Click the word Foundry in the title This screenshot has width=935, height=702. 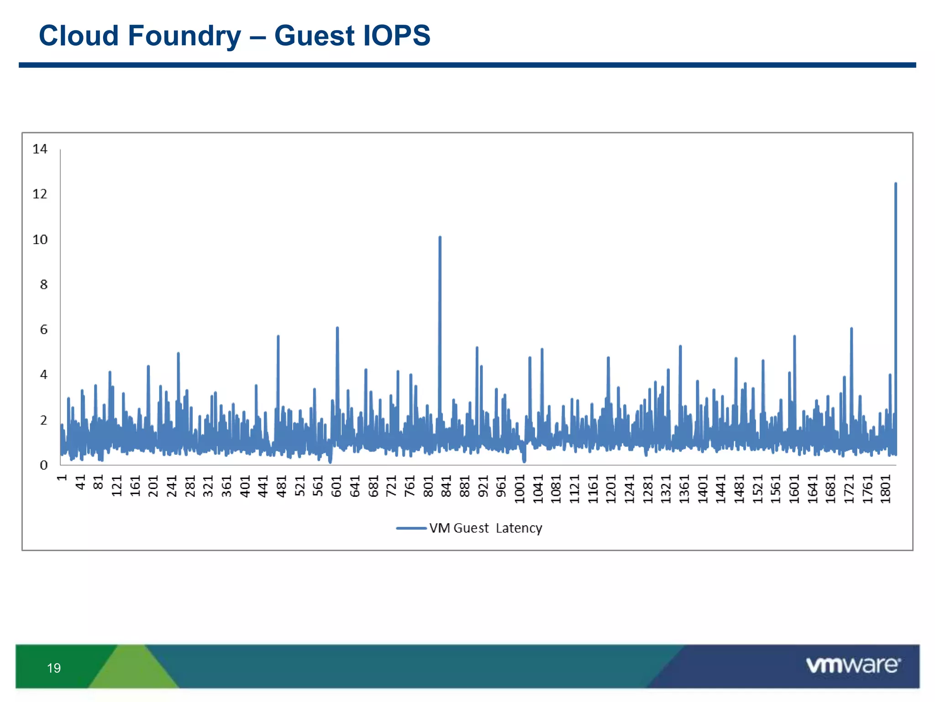(x=184, y=36)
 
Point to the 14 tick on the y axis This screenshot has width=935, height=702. (x=40, y=149)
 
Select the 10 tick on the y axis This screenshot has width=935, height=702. (x=40, y=239)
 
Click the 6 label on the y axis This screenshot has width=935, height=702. (x=43, y=330)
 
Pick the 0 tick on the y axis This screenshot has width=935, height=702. (x=43, y=465)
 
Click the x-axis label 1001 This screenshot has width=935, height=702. (x=520, y=489)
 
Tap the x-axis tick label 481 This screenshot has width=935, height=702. (x=282, y=486)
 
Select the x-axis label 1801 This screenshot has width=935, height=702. (x=886, y=489)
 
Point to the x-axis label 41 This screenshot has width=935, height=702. (x=80, y=483)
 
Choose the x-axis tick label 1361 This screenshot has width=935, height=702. (x=684, y=489)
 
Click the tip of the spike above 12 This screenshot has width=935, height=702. (x=896, y=184)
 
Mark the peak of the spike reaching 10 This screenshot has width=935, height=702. (x=440, y=237)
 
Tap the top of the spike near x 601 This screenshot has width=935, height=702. (x=337, y=328)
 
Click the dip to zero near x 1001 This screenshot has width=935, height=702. (x=524, y=461)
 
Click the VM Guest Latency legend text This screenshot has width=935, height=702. (x=485, y=528)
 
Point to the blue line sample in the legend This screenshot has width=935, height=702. (x=411, y=528)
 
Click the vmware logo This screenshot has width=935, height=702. (x=853, y=665)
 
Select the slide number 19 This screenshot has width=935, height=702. (x=54, y=668)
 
